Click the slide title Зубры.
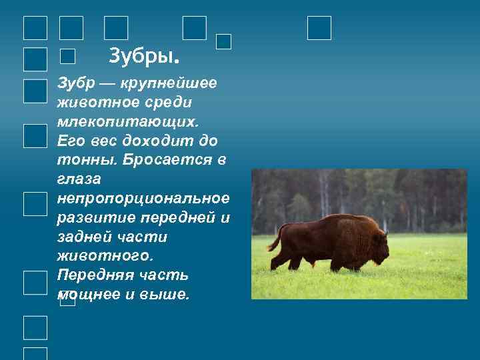coord(143,54)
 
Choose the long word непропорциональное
coord(143,199)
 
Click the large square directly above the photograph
coord(319,28)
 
